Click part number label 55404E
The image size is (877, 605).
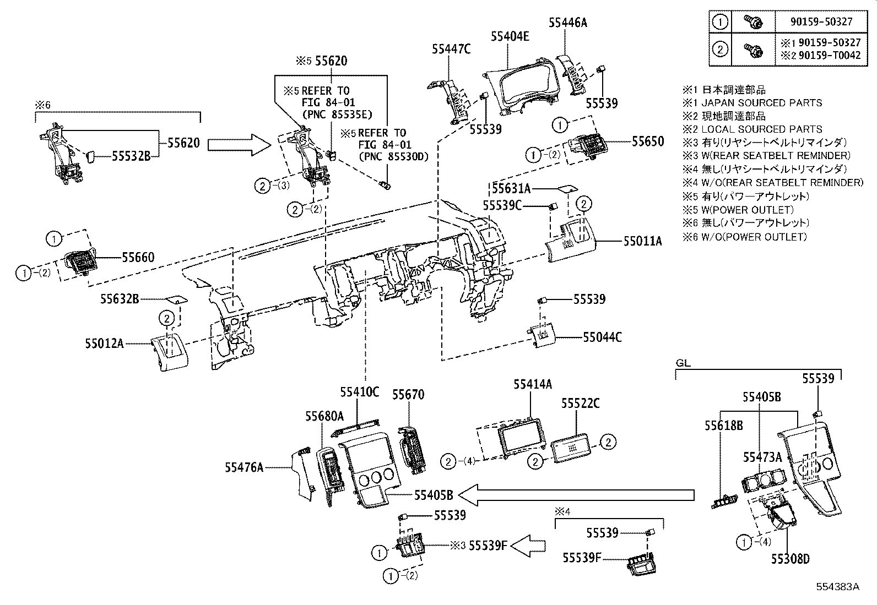[510, 36]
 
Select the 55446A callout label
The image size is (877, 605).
[568, 23]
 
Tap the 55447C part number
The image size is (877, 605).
[451, 50]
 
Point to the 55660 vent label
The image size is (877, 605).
[138, 257]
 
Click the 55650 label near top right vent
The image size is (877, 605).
[648, 141]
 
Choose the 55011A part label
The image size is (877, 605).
[643, 241]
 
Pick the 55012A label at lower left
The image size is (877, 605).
[104, 343]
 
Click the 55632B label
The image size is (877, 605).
[119, 299]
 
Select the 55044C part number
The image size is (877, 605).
[602, 337]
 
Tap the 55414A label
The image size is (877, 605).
[533, 384]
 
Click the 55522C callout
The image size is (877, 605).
[581, 404]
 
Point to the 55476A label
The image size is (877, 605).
[243, 468]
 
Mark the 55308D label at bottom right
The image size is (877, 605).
[791, 559]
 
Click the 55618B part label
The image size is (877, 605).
[723, 426]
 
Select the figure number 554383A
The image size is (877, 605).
[838, 587]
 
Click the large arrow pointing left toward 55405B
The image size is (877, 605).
[576, 495]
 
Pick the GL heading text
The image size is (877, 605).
[683, 363]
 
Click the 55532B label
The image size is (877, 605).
[131, 156]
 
